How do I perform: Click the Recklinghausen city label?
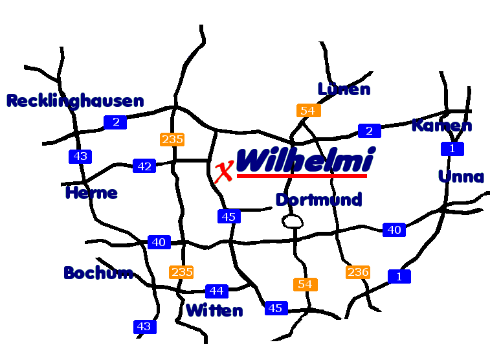pyautogui.click(x=75, y=101)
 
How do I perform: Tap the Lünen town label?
pyautogui.click(x=344, y=89)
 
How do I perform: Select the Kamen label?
pyautogui.click(x=441, y=126)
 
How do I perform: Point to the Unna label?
pyautogui.click(x=461, y=177)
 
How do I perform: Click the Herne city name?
pyautogui.click(x=91, y=193)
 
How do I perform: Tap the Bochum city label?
pyautogui.click(x=98, y=273)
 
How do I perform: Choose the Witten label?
pyautogui.click(x=214, y=311)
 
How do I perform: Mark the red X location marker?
pyautogui.click(x=223, y=172)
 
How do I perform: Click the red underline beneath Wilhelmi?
pyautogui.click(x=302, y=175)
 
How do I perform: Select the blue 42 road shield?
pyautogui.click(x=144, y=166)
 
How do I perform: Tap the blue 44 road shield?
pyautogui.click(x=217, y=291)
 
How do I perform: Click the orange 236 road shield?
pyautogui.click(x=358, y=272)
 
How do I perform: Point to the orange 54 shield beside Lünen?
pyautogui.click(x=308, y=111)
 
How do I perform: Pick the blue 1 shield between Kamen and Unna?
pyautogui.click(x=452, y=149)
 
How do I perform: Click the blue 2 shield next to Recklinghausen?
pyautogui.click(x=115, y=122)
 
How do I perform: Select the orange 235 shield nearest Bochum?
pyautogui.click(x=181, y=272)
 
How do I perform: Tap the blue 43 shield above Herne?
pyautogui.click(x=80, y=156)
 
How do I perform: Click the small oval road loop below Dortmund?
pyautogui.click(x=293, y=222)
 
